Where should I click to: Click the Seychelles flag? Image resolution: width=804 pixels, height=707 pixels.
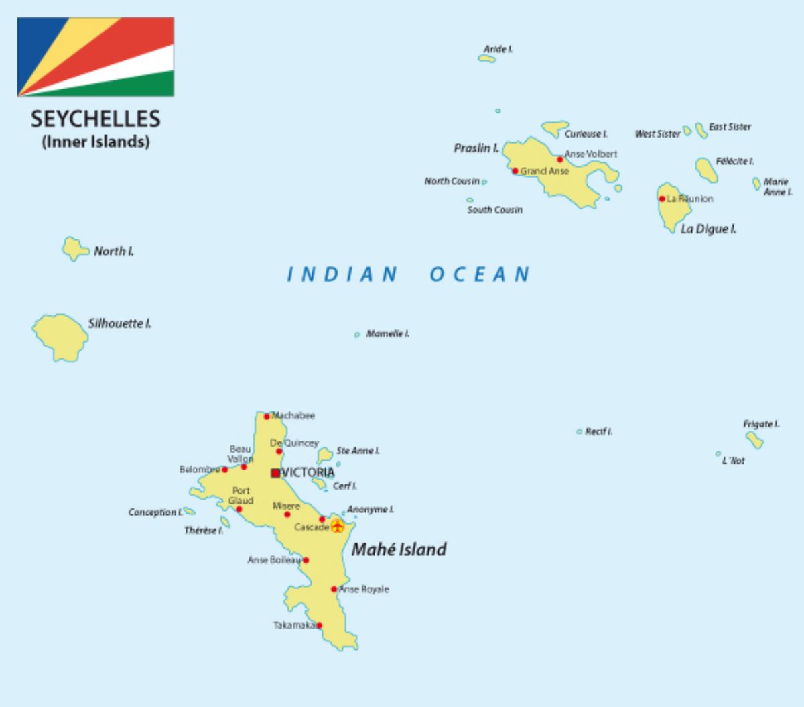click(x=95, y=56)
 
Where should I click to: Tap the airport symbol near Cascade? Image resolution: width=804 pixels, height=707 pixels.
click(x=337, y=526)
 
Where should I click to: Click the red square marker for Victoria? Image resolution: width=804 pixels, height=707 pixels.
click(x=275, y=473)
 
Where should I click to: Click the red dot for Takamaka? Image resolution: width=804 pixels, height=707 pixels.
click(x=319, y=625)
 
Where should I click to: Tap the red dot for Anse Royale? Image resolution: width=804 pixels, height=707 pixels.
click(x=334, y=589)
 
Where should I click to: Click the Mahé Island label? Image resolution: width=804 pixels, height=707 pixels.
click(x=399, y=549)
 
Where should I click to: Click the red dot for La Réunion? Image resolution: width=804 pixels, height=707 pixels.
click(x=662, y=199)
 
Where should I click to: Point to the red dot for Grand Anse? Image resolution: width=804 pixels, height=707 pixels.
click(x=515, y=171)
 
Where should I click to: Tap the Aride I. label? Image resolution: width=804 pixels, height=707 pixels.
click(x=498, y=49)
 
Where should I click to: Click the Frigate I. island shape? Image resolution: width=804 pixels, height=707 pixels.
click(x=754, y=439)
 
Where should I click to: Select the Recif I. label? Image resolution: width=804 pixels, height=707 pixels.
click(x=598, y=431)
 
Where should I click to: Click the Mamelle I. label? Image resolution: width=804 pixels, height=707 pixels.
click(x=387, y=333)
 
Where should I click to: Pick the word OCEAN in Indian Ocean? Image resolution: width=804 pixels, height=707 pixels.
click(x=480, y=274)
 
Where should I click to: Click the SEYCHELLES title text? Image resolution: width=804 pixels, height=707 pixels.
click(x=95, y=119)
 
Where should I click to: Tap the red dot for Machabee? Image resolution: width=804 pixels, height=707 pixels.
click(x=267, y=416)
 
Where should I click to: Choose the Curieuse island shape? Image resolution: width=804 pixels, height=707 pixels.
click(x=553, y=127)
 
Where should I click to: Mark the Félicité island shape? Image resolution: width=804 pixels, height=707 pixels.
click(x=706, y=169)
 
